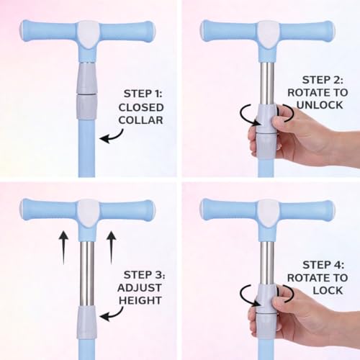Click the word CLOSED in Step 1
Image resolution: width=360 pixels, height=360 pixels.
click(x=141, y=107)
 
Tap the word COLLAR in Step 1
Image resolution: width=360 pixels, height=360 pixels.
click(x=141, y=120)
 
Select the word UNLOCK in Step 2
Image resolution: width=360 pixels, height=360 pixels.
click(x=320, y=105)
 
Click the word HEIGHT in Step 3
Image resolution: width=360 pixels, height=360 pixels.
click(x=140, y=300)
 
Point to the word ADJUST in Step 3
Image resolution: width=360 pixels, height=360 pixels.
click(x=140, y=287)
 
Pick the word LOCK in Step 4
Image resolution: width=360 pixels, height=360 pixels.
click(x=328, y=290)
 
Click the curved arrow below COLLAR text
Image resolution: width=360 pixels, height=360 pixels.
click(x=113, y=138)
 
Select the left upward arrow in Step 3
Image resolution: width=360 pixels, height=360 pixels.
click(x=63, y=247)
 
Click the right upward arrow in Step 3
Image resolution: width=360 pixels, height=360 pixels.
click(x=112, y=247)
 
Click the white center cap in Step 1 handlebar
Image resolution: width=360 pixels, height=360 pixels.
click(x=88, y=34)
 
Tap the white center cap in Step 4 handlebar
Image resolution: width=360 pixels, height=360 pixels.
click(x=268, y=212)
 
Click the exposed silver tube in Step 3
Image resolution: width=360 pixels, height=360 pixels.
click(x=87, y=274)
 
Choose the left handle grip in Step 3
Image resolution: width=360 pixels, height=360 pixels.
click(x=49, y=211)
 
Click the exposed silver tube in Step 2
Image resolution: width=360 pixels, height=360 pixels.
click(x=267, y=84)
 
